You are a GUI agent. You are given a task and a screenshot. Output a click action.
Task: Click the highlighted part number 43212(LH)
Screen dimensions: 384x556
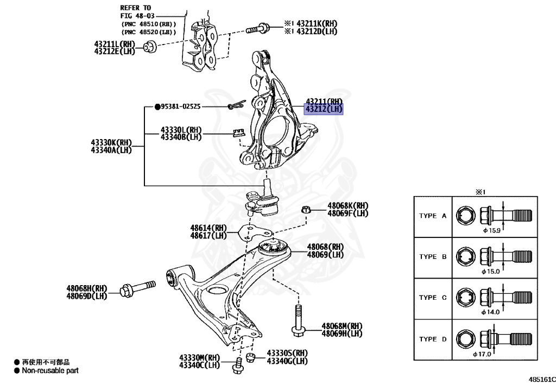coord(324,110)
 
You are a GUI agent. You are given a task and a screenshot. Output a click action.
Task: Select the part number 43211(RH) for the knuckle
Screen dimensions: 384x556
coord(324,102)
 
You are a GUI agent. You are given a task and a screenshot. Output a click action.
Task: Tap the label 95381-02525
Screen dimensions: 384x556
coord(180,107)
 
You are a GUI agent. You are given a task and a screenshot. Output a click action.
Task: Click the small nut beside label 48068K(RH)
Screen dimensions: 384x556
coord(306,210)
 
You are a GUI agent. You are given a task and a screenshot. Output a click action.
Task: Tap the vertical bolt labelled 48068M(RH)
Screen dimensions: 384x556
coord(298,320)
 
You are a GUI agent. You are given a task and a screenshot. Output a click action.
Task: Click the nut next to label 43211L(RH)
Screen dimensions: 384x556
coord(151,48)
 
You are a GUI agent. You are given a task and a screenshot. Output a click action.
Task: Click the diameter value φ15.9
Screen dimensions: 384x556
coord(491,230)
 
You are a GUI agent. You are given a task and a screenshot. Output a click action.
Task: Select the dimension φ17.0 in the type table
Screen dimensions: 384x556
coord(482,354)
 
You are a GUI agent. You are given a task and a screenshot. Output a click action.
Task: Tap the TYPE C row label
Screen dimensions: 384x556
coord(432,298)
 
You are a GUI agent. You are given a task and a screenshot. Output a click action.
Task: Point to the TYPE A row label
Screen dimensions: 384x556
coord(432,216)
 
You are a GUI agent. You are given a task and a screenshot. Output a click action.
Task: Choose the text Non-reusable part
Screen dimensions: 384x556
coord(50,370)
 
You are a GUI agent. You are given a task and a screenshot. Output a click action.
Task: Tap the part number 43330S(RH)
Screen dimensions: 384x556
coord(287,353)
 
